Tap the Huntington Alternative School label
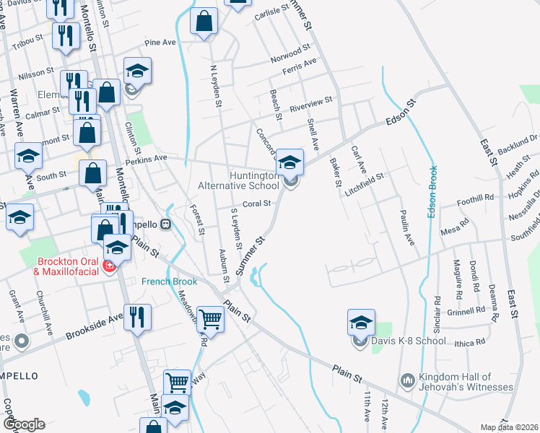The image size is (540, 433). click(238, 180)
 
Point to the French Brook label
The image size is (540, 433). click(168, 281)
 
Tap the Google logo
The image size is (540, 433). click(23, 424)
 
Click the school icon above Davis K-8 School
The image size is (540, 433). click(362, 322)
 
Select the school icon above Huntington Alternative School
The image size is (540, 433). click(289, 162)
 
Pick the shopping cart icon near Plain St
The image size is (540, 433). click(210, 318)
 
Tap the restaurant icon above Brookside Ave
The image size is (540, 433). click(135, 316)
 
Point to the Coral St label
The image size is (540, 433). click(256, 204)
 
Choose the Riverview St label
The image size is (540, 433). click(310, 104)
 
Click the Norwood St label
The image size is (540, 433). click(289, 51)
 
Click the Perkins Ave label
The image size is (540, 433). click(147, 157)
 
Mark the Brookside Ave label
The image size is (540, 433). click(94, 327)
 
